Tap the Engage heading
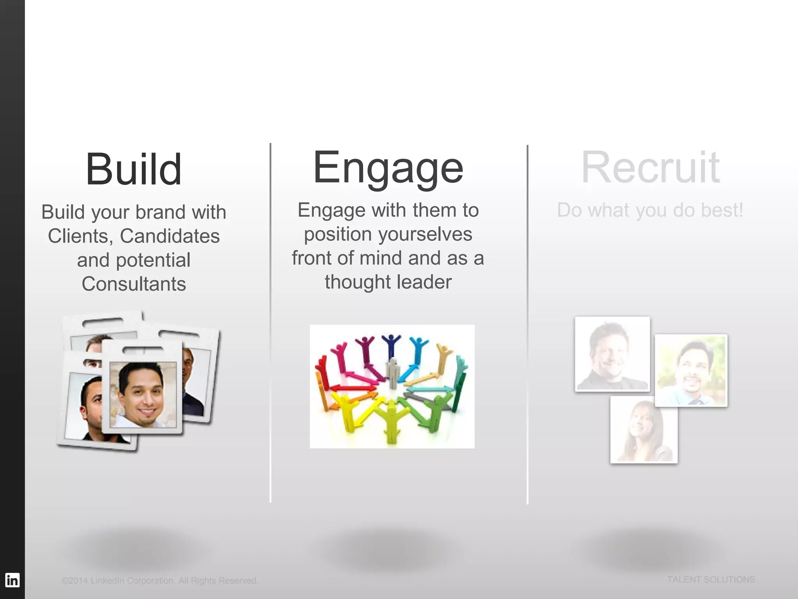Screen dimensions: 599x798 (388, 168)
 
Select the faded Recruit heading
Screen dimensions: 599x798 (650, 168)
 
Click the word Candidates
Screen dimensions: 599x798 (169, 236)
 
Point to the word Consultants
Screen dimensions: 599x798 (134, 284)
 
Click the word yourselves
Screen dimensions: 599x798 (425, 234)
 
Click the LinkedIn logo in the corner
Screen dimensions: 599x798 (12, 580)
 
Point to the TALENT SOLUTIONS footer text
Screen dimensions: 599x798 (711, 580)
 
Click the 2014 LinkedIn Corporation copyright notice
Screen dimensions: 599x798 (160, 581)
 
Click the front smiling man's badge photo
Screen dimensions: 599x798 (143, 394)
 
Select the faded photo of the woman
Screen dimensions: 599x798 (644, 429)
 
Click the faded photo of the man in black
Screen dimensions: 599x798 (612, 354)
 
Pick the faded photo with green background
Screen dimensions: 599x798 (691, 370)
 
